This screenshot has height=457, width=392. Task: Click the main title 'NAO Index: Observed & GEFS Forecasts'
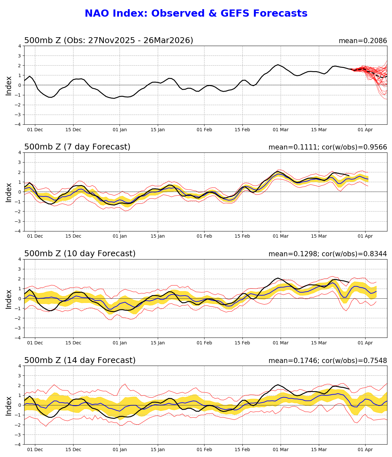click(x=196, y=14)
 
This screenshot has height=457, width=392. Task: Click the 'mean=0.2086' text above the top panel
click(x=363, y=41)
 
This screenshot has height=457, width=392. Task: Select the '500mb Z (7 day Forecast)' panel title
click(x=77, y=147)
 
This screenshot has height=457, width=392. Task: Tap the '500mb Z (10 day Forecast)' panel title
click(x=80, y=254)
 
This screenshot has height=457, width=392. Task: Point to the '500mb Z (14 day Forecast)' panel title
click(x=80, y=361)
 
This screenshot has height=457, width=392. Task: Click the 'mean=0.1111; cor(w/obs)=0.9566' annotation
click(x=328, y=148)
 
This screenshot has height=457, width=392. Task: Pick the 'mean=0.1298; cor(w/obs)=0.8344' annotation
click(x=328, y=254)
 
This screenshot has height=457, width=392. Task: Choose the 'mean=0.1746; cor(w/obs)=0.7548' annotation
click(x=328, y=361)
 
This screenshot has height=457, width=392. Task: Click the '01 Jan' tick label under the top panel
click(x=120, y=130)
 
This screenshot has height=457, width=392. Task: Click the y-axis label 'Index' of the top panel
click(x=9, y=86)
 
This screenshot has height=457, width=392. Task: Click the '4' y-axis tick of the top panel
click(x=20, y=46)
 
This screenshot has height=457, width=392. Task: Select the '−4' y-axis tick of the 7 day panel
click(x=18, y=231)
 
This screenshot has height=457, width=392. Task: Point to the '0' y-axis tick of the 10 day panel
click(x=20, y=299)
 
